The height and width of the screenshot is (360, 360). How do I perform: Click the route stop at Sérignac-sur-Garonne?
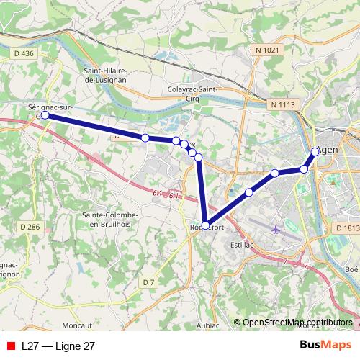point(45,115)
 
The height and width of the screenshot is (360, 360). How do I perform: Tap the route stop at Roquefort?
point(206,225)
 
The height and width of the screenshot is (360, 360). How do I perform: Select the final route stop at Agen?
point(315,152)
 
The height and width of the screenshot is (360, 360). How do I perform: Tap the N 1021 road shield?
point(267,49)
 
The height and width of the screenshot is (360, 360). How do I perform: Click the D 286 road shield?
point(30,227)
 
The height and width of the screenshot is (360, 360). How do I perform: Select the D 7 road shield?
point(149,282)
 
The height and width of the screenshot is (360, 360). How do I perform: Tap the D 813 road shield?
point(347,228)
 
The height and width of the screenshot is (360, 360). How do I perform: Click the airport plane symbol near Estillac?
point(277,230)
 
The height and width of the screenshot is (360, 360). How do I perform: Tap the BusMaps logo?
point(325,346)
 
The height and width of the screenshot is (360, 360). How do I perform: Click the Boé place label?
point(351,269)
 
